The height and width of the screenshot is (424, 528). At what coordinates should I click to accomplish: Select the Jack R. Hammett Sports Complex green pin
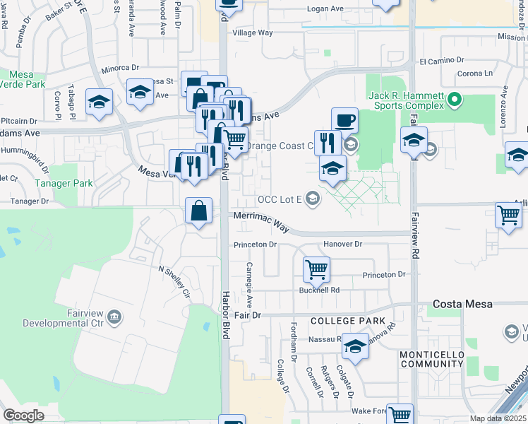point(455,99)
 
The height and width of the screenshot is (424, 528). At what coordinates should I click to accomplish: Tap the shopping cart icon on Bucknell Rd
point(316,269)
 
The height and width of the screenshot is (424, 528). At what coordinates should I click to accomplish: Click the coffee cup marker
point(344,120)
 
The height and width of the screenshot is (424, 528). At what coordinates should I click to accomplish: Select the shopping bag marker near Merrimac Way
point(199,210)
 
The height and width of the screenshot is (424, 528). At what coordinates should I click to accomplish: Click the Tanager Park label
point(64,183)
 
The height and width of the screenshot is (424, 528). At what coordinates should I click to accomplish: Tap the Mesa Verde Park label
point(27,78)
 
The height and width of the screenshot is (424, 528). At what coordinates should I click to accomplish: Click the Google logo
point(23,416)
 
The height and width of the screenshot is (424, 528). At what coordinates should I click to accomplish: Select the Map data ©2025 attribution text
point(498,418)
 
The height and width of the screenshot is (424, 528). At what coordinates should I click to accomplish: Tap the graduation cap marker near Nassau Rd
point(355,346)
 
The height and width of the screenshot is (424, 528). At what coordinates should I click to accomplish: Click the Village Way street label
point(253,33)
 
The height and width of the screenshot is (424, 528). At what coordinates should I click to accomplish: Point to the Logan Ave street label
point(324,9)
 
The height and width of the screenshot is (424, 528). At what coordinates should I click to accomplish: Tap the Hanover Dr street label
point(342,244)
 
